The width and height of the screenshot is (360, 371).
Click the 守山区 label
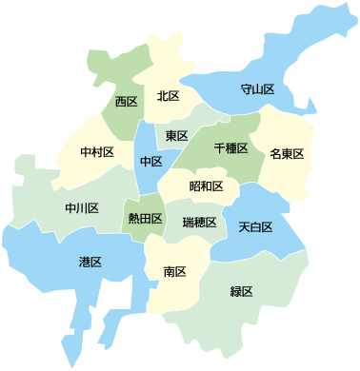(x=257, y=90)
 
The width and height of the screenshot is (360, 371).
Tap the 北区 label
(x=169, y=96)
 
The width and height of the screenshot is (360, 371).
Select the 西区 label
(x=126, y=101)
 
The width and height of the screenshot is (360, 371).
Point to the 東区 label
(x=176, y=136)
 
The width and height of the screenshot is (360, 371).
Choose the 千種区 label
(x=231, y=149)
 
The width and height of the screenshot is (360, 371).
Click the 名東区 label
(x=286, y=154)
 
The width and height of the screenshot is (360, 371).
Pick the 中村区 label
(x=97, y=152)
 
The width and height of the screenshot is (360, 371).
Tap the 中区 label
(x=150, y=162)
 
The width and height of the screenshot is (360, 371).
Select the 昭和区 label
(x=206, y=185)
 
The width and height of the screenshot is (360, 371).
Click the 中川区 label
(x=82, y=207)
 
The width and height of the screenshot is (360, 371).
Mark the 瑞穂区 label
(x=198, y=223)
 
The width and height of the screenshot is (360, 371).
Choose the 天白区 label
(x=255, y=227)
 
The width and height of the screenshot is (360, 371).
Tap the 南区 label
(x=174, y=272)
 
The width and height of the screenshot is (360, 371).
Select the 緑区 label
(x=241, y=291)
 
